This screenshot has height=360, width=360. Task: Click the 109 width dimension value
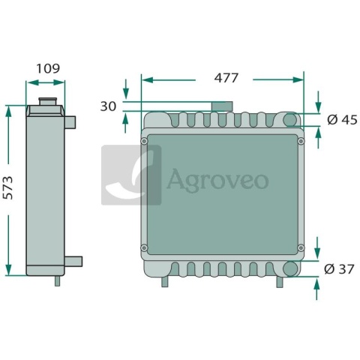coord(48,68)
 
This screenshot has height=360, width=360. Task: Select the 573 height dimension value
coord(7,187)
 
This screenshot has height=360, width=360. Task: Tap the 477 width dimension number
coord(226,78)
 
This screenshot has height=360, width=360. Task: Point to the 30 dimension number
coord(108,106)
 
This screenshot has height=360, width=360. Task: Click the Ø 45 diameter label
coord(342,120)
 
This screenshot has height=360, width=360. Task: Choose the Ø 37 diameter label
coord(339,269)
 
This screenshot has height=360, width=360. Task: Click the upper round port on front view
coord(290,120)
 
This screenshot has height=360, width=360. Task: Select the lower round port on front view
coord(290,268)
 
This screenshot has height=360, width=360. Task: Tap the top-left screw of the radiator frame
coord(144,141)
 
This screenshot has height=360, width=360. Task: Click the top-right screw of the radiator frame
coord(301,141)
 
